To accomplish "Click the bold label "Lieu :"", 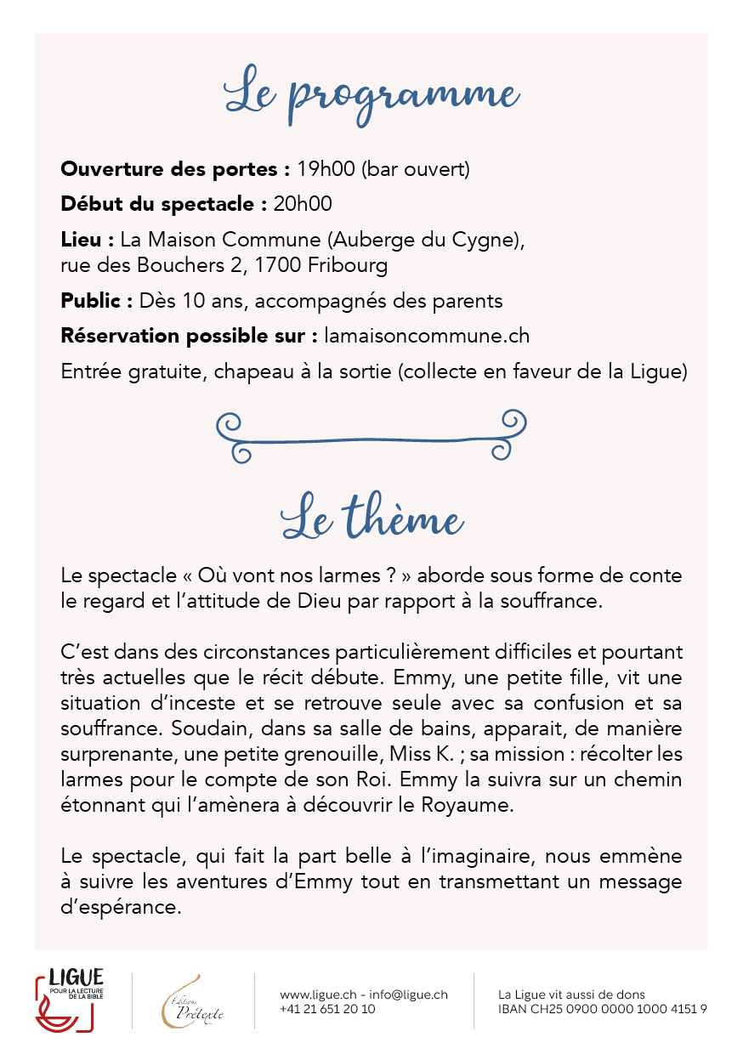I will click(88, 241).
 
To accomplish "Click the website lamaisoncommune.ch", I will click(427, 336).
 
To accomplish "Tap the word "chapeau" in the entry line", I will click(223, 371).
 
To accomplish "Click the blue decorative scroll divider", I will click(371, 436).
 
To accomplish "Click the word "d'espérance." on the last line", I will click(121, 907).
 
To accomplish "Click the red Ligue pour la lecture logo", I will click(70, 1000).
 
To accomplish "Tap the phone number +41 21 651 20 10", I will click(327, 1009).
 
